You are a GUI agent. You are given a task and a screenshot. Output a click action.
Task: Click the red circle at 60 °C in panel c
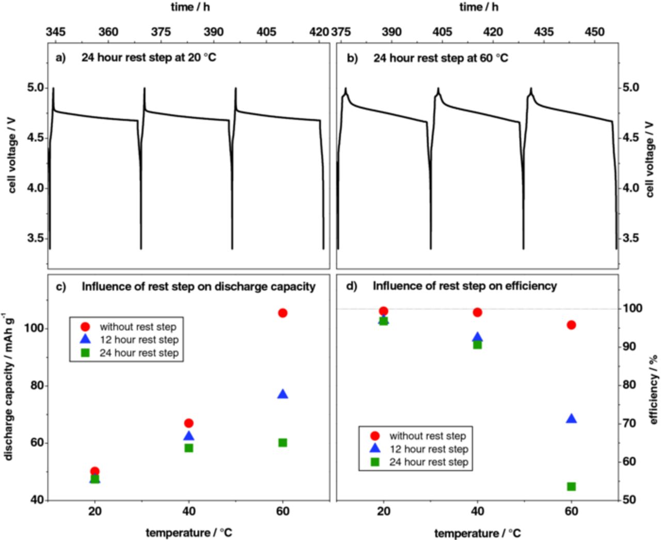tap(282, 313)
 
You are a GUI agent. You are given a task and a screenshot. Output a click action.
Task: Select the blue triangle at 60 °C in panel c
tap(282, 394)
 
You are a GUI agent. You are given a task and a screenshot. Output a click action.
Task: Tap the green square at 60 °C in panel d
tap(571, 486)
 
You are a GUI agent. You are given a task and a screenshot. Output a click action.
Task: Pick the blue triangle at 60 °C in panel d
tap(571, 419)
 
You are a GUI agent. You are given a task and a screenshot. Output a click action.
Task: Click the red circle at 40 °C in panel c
tap(189, 423)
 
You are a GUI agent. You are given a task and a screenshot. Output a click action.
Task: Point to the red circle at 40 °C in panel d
tap(478, 312)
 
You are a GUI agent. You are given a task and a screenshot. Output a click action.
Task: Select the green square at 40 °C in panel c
tap(189, 448)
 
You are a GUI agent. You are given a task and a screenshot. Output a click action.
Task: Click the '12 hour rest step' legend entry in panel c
tap(139, 340)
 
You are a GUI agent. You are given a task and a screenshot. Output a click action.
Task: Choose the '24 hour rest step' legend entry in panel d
tap(428, 462)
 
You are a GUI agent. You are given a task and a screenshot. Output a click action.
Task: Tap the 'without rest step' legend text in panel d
tap(428, 436)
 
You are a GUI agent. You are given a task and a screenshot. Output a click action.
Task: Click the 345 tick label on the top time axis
tap(56, 32)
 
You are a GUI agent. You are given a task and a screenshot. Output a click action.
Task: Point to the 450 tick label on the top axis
tap(594, 32)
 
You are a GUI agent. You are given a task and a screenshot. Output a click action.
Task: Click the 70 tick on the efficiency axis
tap(629, 423)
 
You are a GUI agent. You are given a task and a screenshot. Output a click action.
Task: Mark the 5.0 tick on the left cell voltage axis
tap(36, 88)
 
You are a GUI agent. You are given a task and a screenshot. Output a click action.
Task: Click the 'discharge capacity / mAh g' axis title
tap(8, 387)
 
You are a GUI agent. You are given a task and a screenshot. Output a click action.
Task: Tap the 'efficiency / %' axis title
tap(654, 390)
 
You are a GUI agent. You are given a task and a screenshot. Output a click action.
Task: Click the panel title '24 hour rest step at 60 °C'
tap(440, 58)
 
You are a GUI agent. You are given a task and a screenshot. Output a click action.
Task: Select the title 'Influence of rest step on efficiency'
tap(465, 286)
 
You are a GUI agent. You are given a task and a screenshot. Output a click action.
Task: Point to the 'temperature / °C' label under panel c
tap(189, 533)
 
